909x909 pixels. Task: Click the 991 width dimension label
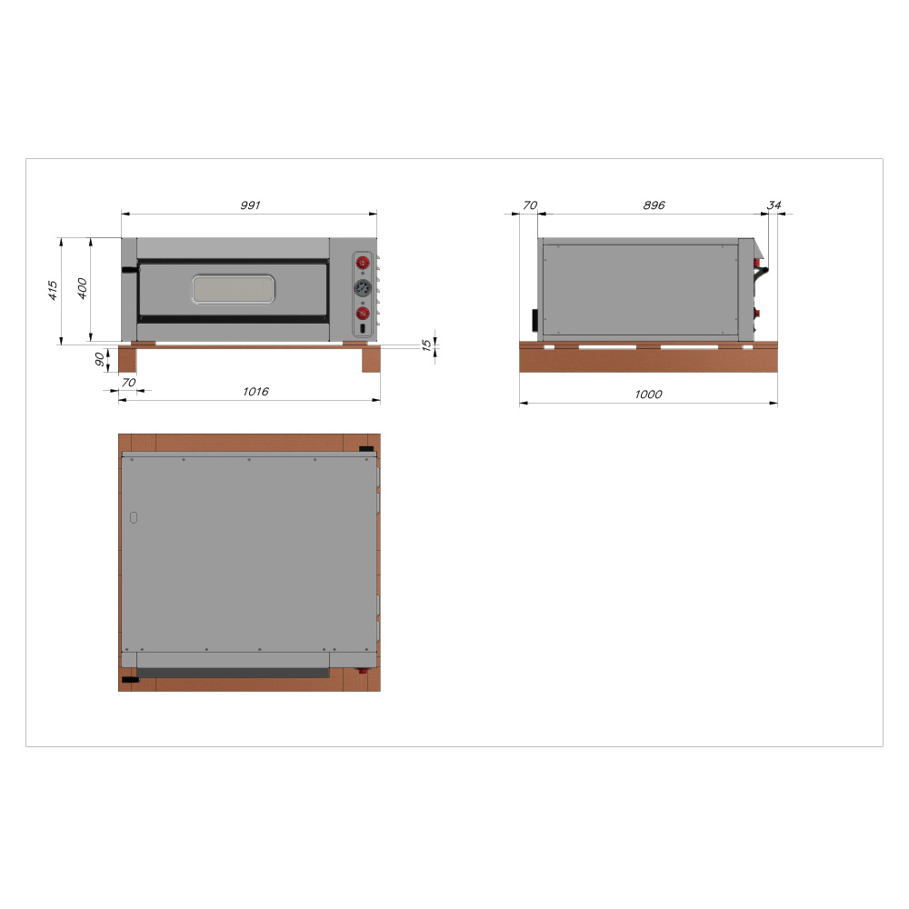(250, 205)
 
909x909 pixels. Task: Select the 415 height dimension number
(53, 290)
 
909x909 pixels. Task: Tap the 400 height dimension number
(83, 288)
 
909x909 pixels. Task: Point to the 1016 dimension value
(255, 392)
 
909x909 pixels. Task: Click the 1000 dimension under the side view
(648, 395)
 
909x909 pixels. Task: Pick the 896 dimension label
(654, 205)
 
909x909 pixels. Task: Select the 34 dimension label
(774, 205)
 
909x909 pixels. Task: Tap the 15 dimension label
(426, 345)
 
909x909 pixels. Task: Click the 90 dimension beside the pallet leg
(100, 359)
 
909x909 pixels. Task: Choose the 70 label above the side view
(530, 205)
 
